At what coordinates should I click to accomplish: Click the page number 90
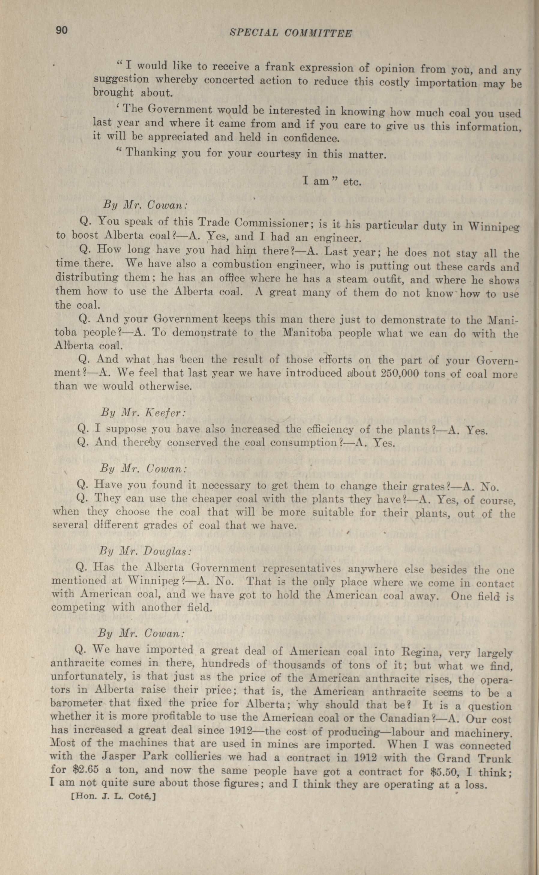pos(61,30)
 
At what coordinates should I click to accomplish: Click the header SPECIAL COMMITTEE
pos(291,33)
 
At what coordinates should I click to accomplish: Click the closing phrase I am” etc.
pos(332,182)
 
